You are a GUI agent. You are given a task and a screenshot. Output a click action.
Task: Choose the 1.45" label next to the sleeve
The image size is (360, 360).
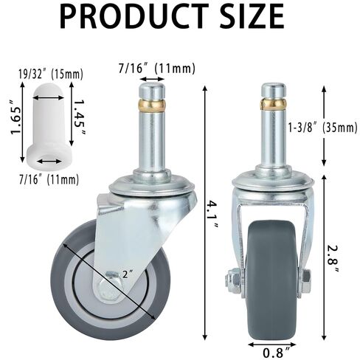pyautogui.click(x=79, y=116)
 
